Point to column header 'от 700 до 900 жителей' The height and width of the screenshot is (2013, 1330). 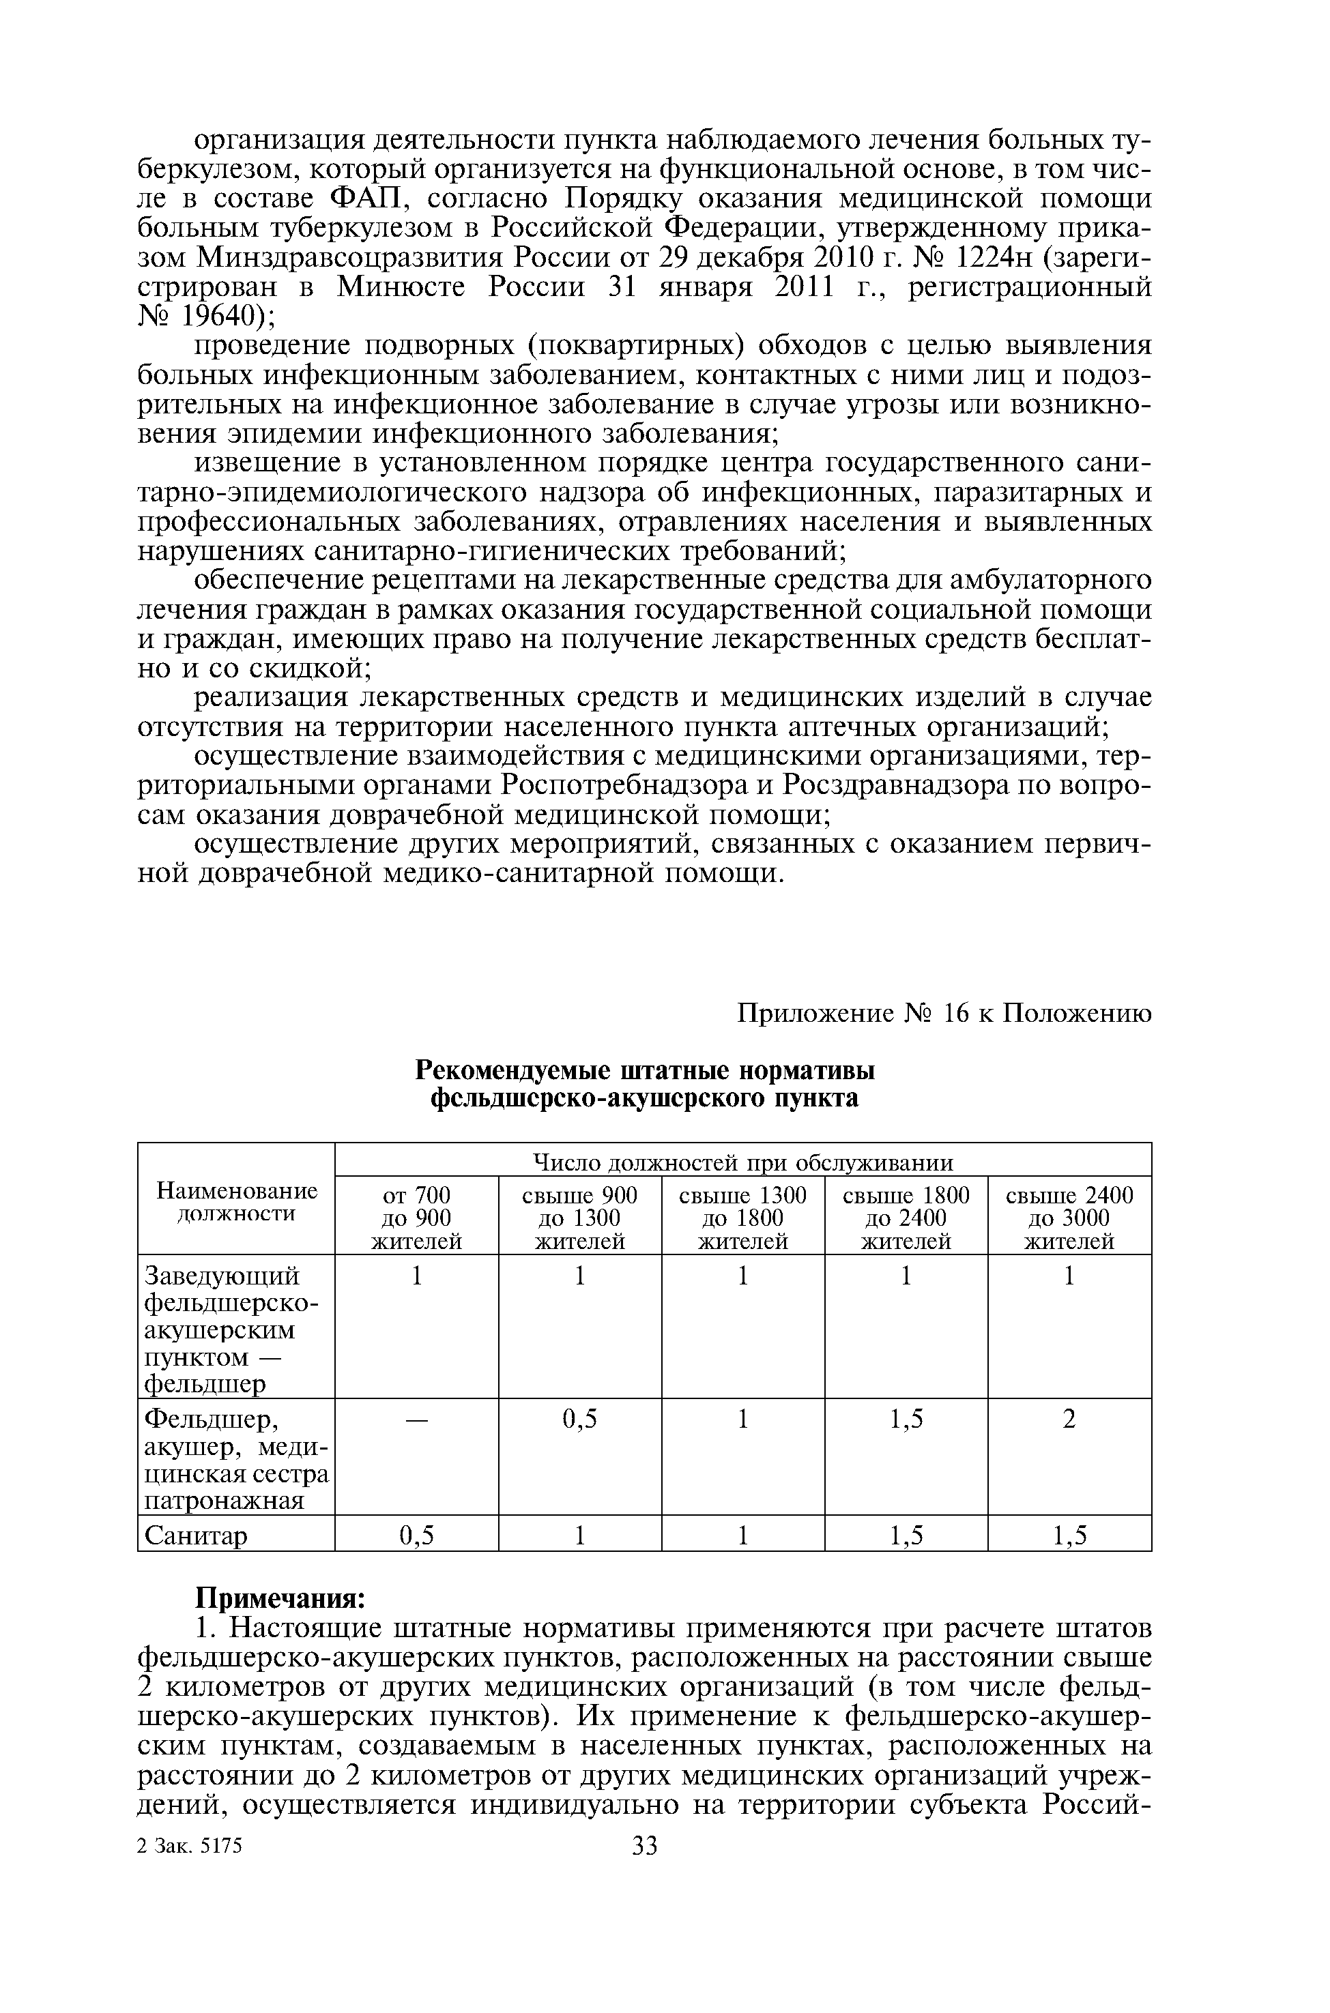click(x=416, y=1218)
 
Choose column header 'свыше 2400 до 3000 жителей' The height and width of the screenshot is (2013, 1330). click(x=1069, y=1218)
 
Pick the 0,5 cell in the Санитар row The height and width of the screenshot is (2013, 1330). click(x=416, y=1536)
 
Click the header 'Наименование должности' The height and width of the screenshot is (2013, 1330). click(x=237, y=1203)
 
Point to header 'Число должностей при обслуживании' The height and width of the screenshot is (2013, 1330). click(x=742, y=1162)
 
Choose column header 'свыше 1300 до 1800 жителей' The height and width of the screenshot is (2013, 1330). click(x=742, y=1218)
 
